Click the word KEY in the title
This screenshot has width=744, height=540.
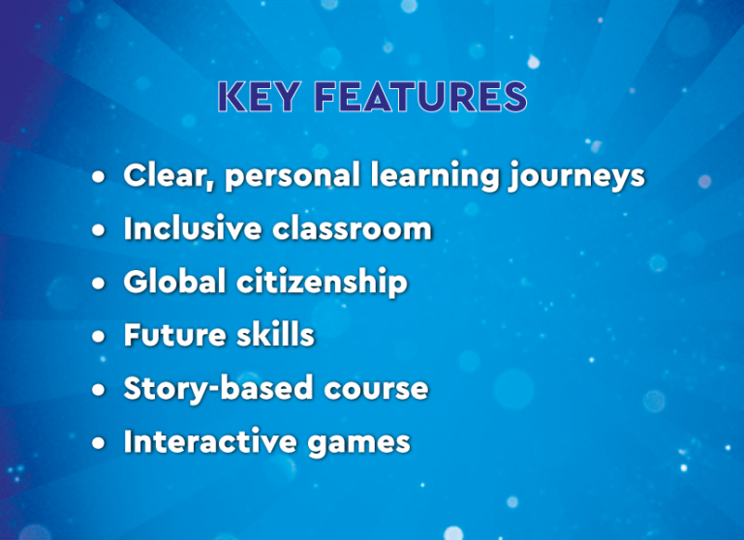tap(259, 97)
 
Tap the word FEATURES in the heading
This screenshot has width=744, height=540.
tap(420, 97)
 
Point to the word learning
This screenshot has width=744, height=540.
tap(435, 175)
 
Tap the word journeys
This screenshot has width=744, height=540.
tap(577, 176)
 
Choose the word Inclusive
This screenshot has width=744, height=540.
tap(193, 228)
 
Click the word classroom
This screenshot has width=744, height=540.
tap(352, 228)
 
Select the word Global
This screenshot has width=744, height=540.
tap(174, 282)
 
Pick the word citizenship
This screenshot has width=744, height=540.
tap(322, 283)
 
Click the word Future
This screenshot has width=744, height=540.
tap(174, 335)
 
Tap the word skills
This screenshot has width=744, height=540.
tap(276, 335)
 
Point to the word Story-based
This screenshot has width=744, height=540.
tap(218, 389)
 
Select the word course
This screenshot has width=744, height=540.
tap(376, 389)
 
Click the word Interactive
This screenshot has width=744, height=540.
tap(210, 442)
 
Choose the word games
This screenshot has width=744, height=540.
tap(358, 444)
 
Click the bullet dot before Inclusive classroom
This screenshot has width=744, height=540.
tap(99, 230)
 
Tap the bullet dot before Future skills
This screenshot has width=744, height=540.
tap(99, 337)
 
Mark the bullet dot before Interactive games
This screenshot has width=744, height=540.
tap(99, 443)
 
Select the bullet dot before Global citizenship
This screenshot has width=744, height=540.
tap(99, 283)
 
